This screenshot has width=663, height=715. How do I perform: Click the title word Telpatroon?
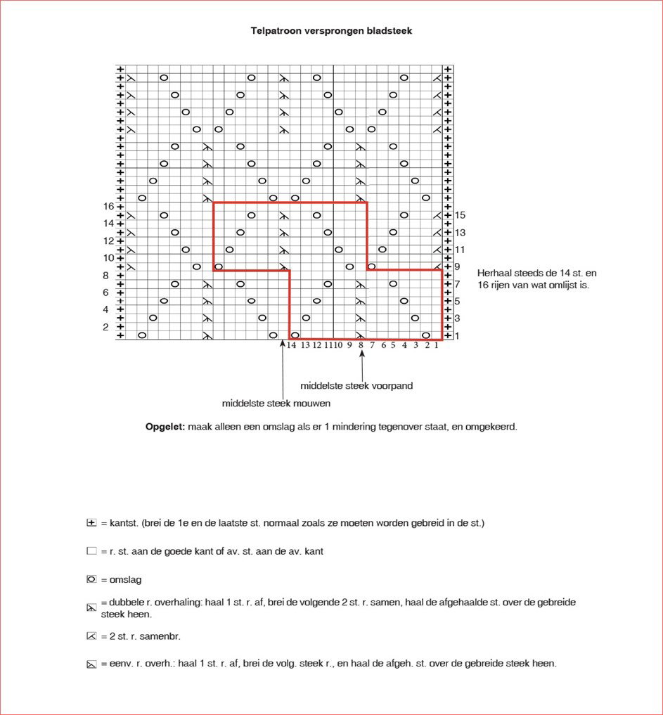276,31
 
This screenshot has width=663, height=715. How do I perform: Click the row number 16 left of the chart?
109,206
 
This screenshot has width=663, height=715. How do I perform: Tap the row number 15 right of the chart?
461,214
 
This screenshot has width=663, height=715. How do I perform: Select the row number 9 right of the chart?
458,266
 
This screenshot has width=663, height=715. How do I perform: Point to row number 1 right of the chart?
458,335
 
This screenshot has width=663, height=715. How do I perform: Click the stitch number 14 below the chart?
291,345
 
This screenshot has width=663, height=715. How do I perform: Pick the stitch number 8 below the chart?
361,345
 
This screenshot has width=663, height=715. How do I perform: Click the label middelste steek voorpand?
356,385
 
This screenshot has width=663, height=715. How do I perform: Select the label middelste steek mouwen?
276,403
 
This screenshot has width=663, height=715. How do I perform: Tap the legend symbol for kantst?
91,523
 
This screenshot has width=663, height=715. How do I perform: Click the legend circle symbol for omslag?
91,579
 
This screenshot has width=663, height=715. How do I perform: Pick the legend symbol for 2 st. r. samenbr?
91,636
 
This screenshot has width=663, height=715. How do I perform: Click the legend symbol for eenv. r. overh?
91,663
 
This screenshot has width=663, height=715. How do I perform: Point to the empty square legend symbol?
91,551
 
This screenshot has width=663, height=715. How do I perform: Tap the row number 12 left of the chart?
109,240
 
